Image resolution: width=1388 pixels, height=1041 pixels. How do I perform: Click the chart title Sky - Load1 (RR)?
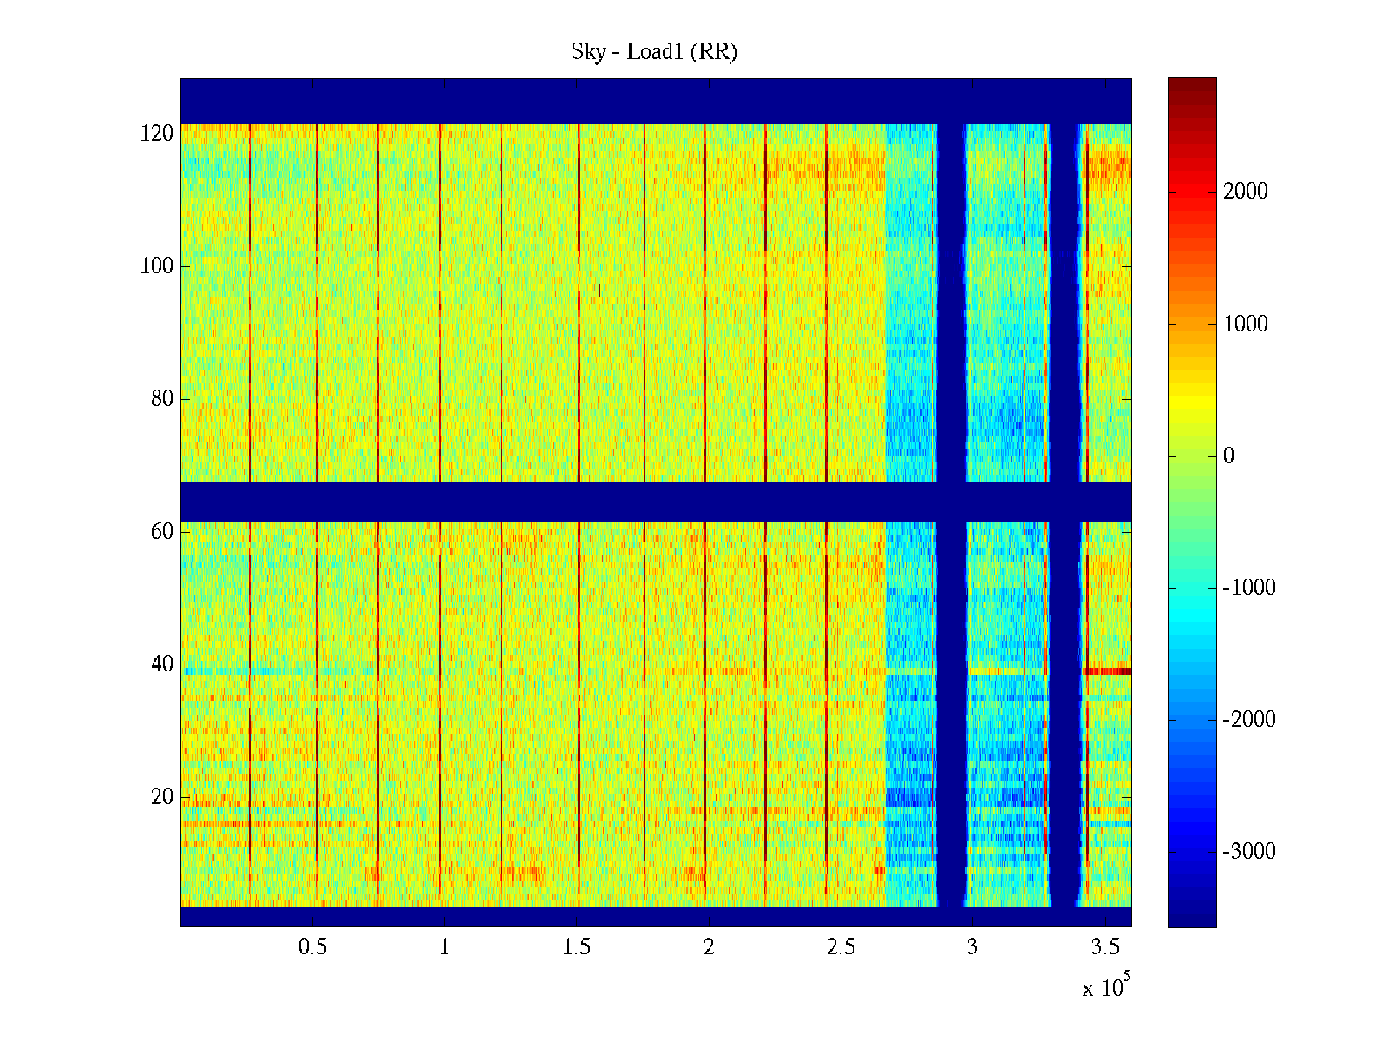coord(654,52)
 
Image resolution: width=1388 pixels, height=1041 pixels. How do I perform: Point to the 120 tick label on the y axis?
coord(157,134)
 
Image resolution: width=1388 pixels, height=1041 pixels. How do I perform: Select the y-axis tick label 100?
coord(157,266)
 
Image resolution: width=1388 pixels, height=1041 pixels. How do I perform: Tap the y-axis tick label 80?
coord(162,399)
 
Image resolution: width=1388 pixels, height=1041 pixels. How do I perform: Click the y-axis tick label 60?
coord(162,531)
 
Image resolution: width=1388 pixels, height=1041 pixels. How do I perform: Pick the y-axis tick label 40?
coord(162,665)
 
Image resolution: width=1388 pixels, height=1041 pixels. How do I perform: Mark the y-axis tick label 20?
coord(162,796)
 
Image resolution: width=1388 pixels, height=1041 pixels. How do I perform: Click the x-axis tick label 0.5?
coord(312,947)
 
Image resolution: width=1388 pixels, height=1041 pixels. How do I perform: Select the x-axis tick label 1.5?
coord(577,947)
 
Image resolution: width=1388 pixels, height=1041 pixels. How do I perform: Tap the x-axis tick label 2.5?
coord(841,947)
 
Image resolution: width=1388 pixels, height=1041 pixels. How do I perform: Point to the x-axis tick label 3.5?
coord(1104,947)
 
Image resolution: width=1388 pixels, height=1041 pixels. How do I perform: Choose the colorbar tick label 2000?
coord(1246,192)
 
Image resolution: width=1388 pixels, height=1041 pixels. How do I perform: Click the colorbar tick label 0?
coord(1228,456)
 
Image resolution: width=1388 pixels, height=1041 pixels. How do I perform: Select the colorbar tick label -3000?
coord(1249,852)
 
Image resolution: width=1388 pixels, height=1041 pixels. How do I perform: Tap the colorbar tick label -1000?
coord(1249,588)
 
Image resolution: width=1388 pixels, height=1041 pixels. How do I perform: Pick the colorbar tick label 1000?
coord(1246,324)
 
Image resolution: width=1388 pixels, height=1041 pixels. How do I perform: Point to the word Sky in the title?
coord(588,52)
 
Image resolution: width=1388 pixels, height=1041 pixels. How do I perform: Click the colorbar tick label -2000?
coord(1249,720)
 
